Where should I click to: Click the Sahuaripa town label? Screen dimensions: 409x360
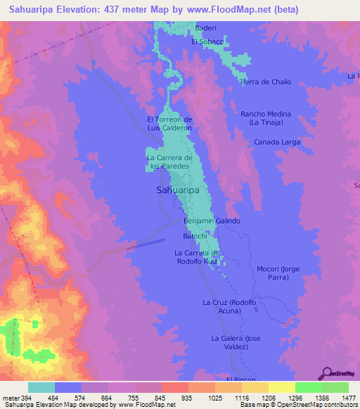177,190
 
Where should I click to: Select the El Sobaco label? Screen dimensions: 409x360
207,42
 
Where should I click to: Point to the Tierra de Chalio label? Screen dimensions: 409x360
265,82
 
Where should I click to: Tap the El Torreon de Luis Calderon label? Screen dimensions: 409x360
169,124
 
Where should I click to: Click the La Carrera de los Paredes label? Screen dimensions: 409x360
169,162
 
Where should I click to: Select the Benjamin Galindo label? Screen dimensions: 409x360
212,221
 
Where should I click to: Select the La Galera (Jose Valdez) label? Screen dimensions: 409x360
236,343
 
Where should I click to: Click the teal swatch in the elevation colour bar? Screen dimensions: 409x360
41,387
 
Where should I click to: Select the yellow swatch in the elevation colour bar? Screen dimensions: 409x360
282,387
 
